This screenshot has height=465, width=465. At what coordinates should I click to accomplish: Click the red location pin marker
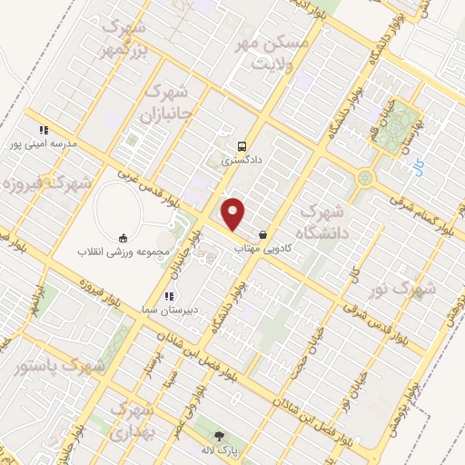[x=234, y=213]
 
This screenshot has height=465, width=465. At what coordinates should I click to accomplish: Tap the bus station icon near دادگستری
[x=242, y=145]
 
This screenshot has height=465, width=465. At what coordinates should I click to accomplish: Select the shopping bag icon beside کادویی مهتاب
[x=263, y=234]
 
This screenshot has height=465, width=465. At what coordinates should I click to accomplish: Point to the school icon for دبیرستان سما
[x=168, y=296]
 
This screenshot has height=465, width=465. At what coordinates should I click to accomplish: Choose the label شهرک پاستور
[x=60, y=367]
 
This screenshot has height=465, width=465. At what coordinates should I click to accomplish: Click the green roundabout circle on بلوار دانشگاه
[x=366, y=178]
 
